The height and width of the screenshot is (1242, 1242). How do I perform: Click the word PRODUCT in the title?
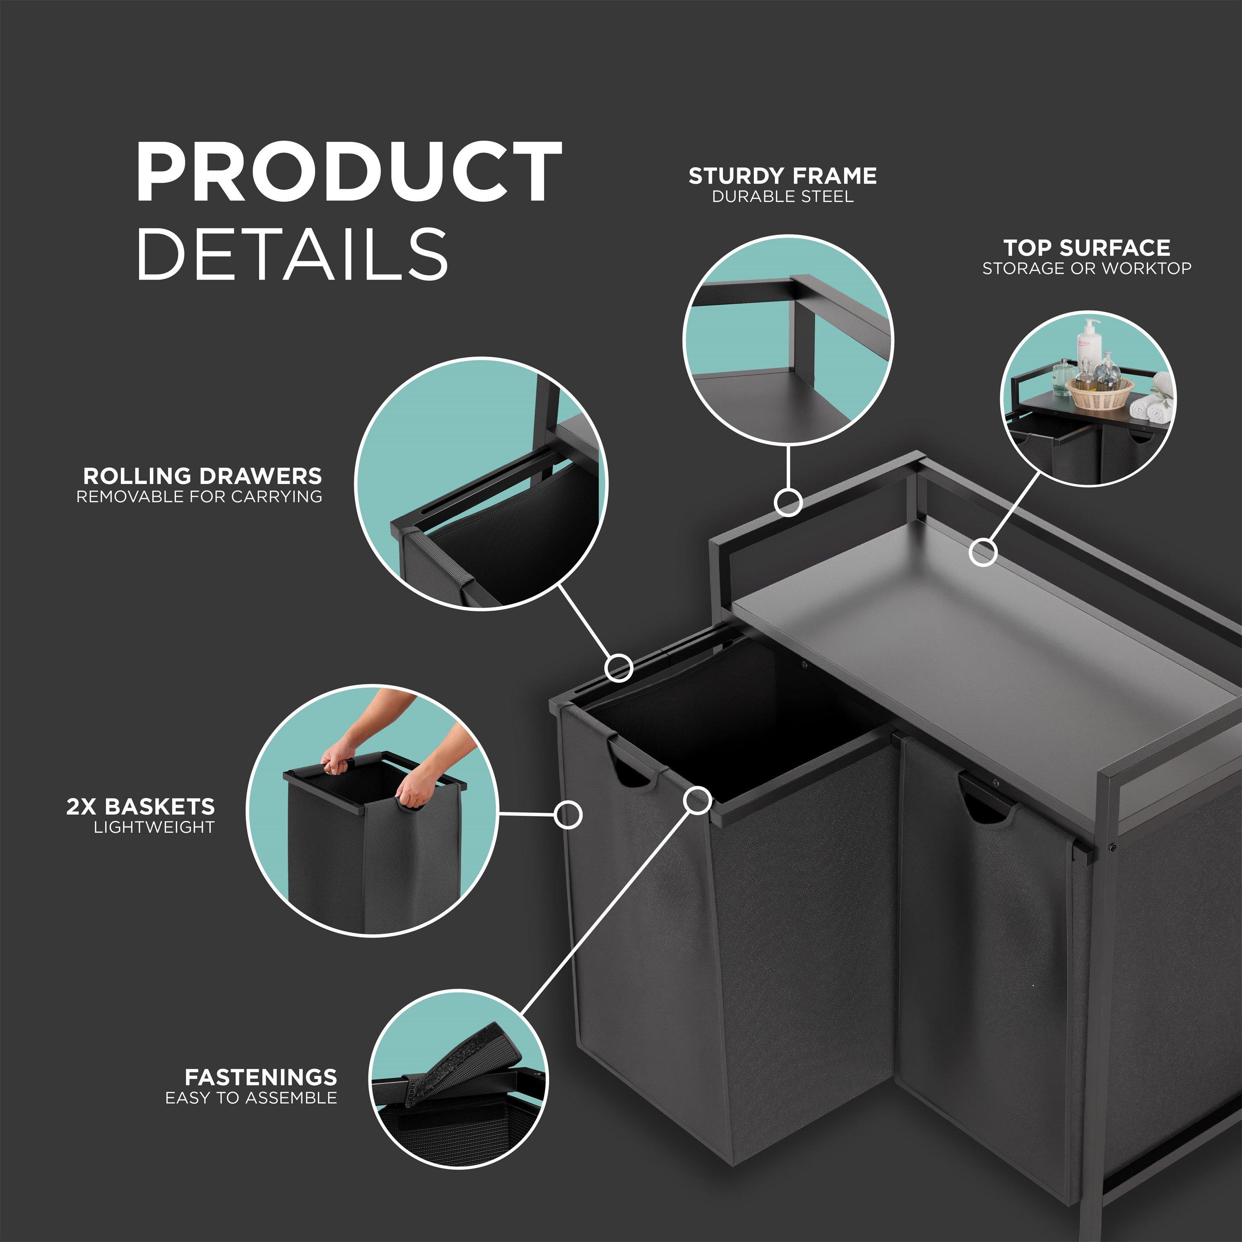pos(349,172)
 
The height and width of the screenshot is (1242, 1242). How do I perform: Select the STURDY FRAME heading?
pos(782,176)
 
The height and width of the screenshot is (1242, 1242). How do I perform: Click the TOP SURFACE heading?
pos(1086,248)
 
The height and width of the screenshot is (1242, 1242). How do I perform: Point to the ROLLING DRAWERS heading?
pos(202,476)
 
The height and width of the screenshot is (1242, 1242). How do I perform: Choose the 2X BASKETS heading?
pos(141,806)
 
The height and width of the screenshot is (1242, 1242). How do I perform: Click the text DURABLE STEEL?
pos(782,197)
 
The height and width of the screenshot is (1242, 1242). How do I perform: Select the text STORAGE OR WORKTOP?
pos(1086,268)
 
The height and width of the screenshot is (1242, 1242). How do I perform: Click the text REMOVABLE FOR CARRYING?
pos(199,496)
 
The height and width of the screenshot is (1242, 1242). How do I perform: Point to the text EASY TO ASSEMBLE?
pos(251,1098)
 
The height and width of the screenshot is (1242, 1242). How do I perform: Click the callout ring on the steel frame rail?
pos(787,501)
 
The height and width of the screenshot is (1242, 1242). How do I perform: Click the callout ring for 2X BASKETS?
pos(568,814)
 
